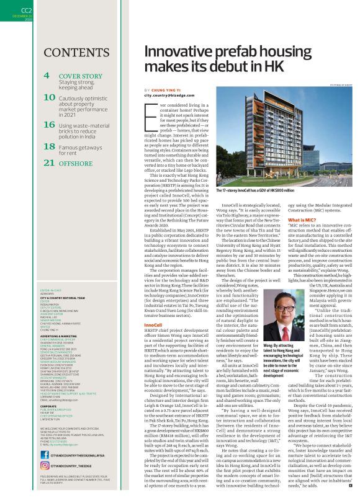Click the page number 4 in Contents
coord(47,76)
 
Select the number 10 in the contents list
coord(49,97)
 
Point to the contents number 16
coord(49,125)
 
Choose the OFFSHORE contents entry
coord(80,163)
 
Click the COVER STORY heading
coord(80,76)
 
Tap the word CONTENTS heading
coord(78,51)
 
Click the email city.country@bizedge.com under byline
coord(173,96)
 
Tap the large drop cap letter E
coord(150,114)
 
